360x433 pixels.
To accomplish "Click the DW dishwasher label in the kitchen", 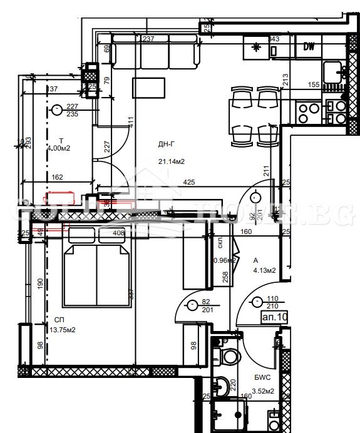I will tap(309, 46).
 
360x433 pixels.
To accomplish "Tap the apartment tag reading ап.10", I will tap(275, 318).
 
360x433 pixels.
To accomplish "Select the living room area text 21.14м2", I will tap(171, 161).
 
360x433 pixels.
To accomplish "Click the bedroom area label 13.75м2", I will tap(62, 330).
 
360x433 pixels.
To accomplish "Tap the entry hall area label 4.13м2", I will tap(264, 270).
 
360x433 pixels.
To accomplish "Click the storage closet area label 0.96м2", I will tap(224, 260).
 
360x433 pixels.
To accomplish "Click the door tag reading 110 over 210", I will tap(272, 303).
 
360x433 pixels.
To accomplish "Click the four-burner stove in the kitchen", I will tap(307, 113).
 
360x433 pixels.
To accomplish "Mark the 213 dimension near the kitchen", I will tap(285, 79).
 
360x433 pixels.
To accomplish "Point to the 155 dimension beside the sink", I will tap(314, 84).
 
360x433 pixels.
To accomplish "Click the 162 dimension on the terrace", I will tap(57, 178).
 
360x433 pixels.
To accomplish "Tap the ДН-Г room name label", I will tap(166, 145).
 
